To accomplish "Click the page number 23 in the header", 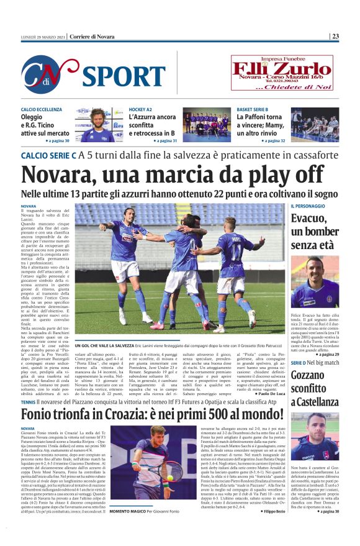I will click(x=351, y=36).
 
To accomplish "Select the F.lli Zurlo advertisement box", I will click(x=282, y=73).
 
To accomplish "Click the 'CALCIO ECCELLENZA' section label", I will click(x=42, y=109).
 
